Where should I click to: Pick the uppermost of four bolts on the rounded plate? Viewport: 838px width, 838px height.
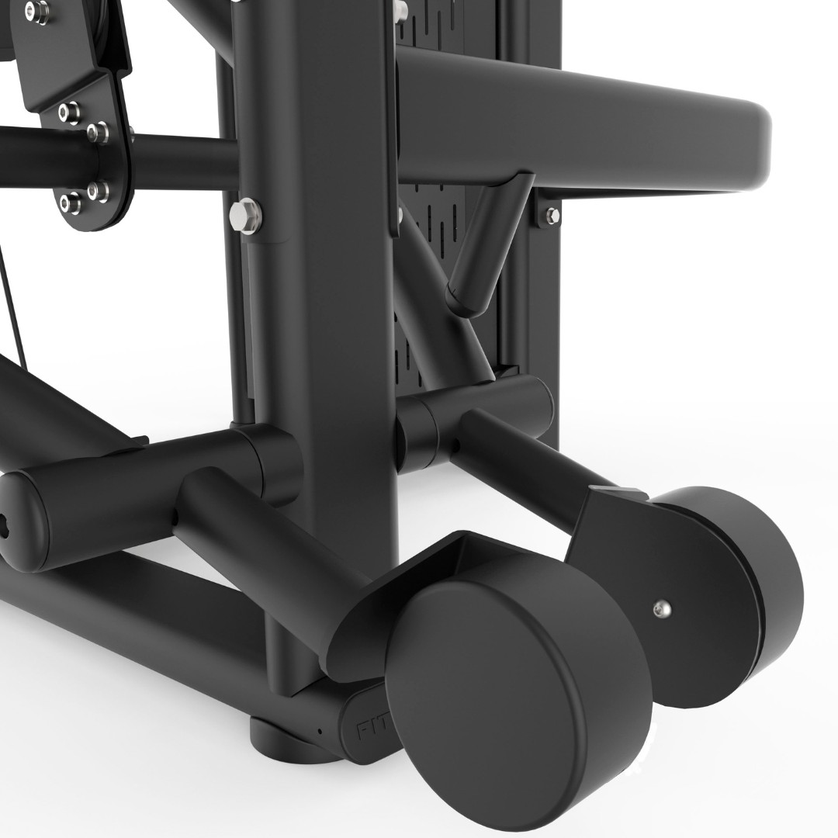coord(68,108)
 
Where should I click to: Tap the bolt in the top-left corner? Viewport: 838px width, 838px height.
coord(35,9)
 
